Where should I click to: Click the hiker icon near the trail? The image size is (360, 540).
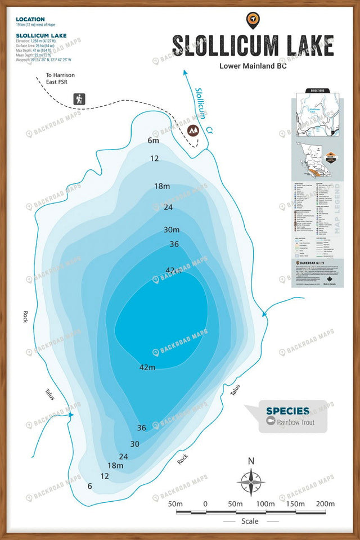point(79,99)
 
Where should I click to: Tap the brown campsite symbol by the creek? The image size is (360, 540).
point(193,130)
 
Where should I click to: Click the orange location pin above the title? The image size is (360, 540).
point(253,20)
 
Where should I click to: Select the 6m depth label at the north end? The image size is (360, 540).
point(153,141)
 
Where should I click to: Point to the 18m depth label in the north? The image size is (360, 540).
point(162,186)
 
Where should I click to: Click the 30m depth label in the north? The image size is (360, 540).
point(172,229)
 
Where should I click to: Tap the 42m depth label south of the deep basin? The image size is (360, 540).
point(147,367)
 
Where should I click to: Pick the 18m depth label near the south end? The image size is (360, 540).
point(115,465)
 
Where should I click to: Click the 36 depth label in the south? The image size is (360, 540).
point(141,427)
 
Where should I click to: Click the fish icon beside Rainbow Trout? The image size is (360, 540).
point(271,422)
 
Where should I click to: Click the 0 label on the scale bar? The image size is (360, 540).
point(205,503)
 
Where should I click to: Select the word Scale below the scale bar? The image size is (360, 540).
point(250,521)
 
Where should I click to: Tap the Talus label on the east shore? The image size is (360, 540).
point(235,389)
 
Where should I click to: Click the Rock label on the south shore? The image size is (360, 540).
point(182,459)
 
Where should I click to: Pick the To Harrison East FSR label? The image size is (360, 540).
point(60,79)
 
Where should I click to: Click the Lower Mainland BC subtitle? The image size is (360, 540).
point(253,66)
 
